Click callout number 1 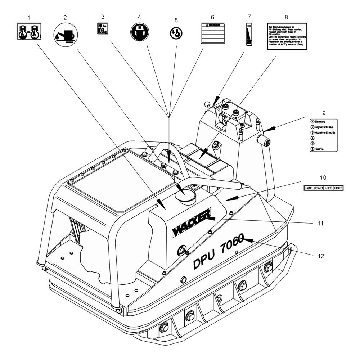tap(28, 17)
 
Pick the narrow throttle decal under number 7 tap(248, 34)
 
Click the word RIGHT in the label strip tap(337, 188)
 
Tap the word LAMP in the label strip tap(309, 188)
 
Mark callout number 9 tap(324, 113)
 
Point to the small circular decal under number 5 tap(176, 33)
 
